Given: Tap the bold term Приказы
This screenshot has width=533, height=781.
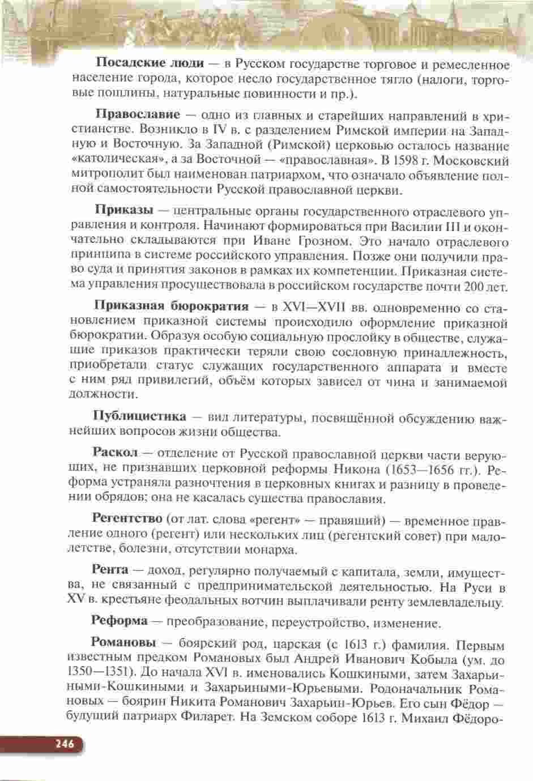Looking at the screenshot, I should click(124, 211).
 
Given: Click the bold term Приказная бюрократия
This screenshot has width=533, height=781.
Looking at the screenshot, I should click(171, 306).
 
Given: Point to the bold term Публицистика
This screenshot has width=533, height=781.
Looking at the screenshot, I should click(139, 416).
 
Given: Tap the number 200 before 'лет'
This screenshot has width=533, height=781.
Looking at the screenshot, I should click(474, 287).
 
